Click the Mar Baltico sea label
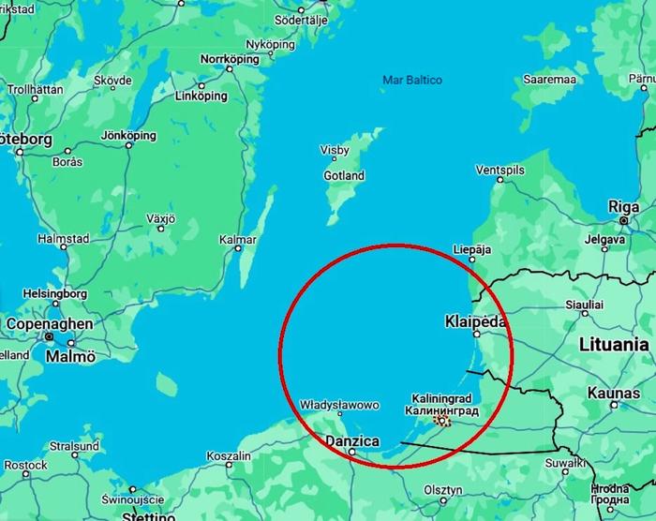click(411, 81)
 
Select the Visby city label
click(335, 150)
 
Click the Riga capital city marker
click(623, 220)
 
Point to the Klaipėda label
click(475, 321)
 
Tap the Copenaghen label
click(50, 324)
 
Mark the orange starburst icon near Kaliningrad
click(442, 422)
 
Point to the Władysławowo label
click(339, 406)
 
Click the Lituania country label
click(614, 344)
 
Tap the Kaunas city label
click(614, 393)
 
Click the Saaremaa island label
click(549, 80)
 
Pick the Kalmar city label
click(237, 239)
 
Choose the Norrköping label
click(229, 58)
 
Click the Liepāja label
click(470, 249)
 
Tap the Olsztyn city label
click(443, 490)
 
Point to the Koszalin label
click(228, 456)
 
